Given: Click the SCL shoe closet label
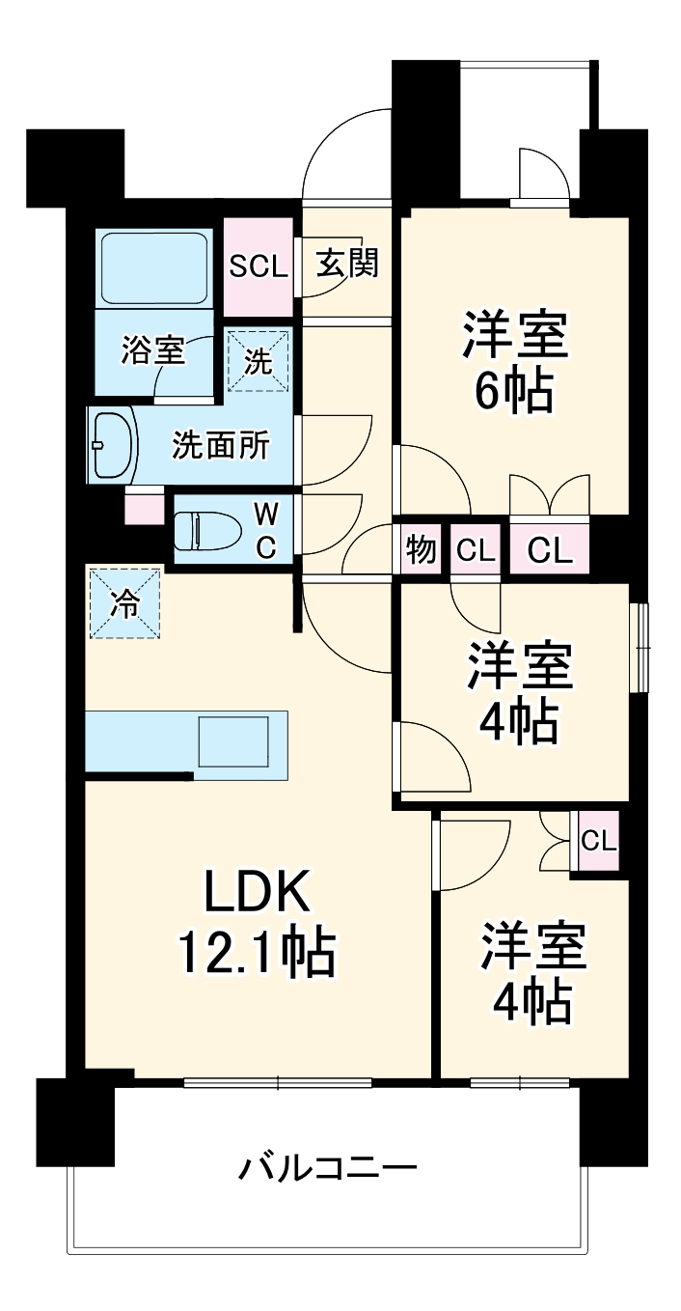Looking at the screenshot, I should tap(258, 266).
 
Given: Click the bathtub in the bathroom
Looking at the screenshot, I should tap(155, 268).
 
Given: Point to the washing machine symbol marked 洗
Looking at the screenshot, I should tap(258, 360).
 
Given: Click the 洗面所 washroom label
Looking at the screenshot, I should tap(221, 446).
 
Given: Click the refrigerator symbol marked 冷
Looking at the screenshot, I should tap(124, 603).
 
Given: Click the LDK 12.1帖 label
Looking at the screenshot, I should tap(257, 923).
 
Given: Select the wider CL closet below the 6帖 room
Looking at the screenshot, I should tap(549, 550).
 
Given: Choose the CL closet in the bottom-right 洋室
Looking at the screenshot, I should tap(597, 841).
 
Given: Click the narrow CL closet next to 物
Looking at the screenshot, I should tap(475, 550).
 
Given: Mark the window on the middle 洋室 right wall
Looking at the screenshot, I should tap(639, 648).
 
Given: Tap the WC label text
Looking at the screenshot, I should tap(265, 530).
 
